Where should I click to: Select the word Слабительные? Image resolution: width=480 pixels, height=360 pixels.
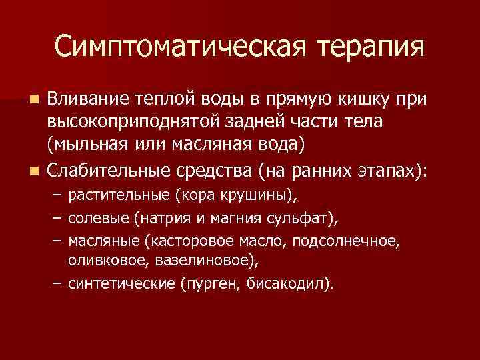click(x=108, y=171)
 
